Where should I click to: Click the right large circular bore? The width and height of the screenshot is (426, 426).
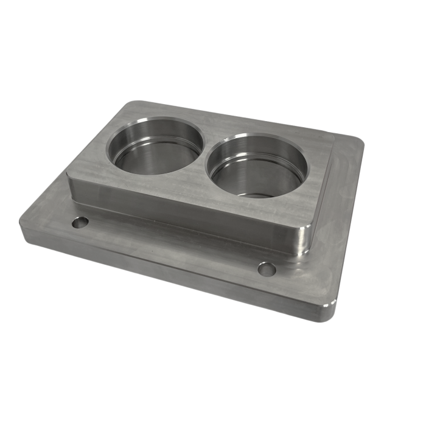pyautogui.click(x=257, y=166)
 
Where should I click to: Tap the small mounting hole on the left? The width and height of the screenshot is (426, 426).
pyautogui.click(x=80, y=223)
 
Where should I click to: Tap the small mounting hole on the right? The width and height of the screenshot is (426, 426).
pyautogui.click(x=266, y=268)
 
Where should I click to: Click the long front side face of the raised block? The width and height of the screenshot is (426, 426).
pyautogui.click(x=183, y=210)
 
